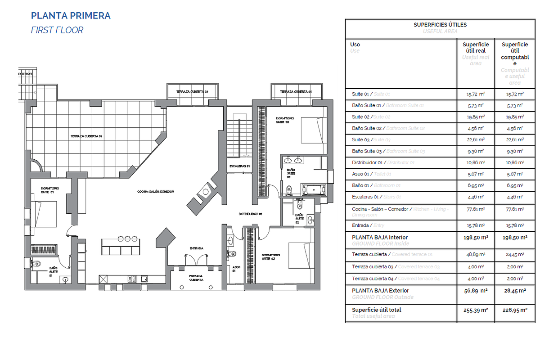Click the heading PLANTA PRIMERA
[71, 16]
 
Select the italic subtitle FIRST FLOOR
[57, 30]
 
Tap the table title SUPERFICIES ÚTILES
[440, 25]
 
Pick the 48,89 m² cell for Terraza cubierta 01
[476, 255]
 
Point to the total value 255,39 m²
[476, 310]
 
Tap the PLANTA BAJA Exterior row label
[380, 291]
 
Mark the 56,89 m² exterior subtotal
[476, 291]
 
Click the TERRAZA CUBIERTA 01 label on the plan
[86, 136]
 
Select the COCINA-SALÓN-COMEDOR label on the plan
[156, 192]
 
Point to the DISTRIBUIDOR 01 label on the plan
[251, 214]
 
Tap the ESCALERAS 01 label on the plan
[239, 166]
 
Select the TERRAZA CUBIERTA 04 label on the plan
[296, 92]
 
